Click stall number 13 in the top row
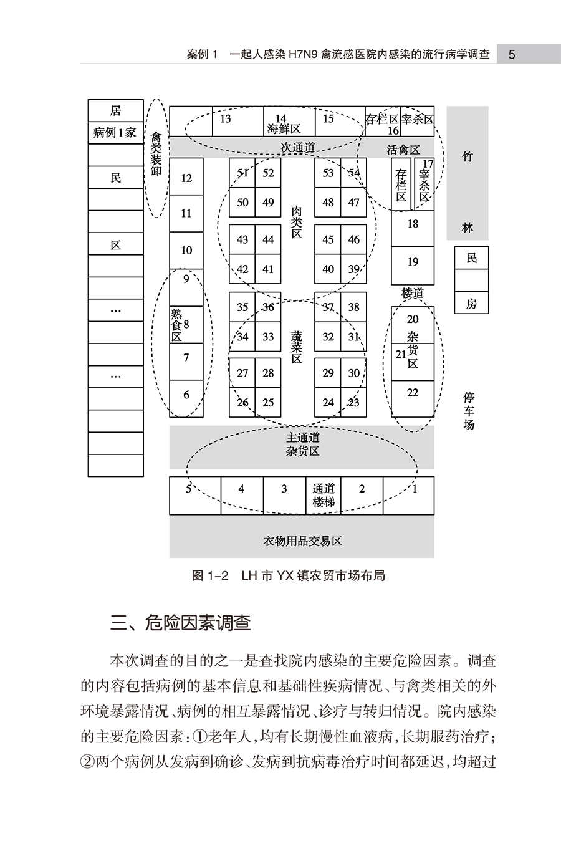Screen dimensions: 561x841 coord(225,119)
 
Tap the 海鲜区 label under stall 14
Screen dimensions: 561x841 coord(284,130)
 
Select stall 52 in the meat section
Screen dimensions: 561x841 coord(268,173)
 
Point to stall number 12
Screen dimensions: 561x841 coord(186,178)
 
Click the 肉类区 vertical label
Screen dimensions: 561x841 coord(297,223)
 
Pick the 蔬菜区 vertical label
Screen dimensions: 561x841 coord(297,347)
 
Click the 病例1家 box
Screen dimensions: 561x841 coord(116,133)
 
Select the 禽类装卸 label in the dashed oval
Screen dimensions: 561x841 coord(156,154)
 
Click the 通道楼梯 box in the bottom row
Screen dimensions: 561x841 coord(324,496)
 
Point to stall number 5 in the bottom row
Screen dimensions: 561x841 coord(188,489)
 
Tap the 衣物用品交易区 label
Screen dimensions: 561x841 coord(302,541)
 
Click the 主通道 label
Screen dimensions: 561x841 coord(303,438)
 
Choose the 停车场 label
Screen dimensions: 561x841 coord(469,411)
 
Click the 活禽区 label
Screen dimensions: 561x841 coord(403,150)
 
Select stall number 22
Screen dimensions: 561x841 coord(413,393)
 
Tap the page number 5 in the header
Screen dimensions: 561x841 coord(512,55)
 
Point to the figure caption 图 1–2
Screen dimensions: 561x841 coord(210,575)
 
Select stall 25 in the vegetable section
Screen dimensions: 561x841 coord(268,403)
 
